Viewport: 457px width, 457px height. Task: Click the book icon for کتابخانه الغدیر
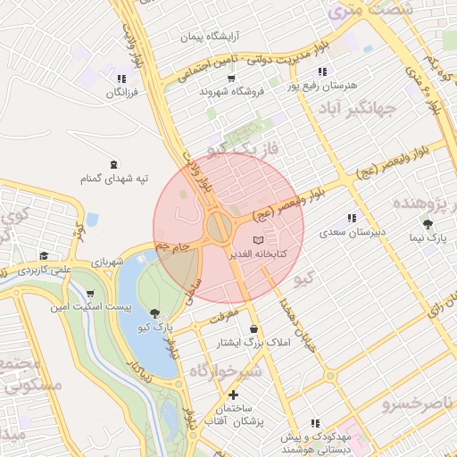click(259, 240)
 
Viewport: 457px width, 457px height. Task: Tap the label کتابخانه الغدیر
click(259, 254)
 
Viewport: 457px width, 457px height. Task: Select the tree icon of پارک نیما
click(428, 223)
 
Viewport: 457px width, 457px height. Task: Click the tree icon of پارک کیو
click(157, 312)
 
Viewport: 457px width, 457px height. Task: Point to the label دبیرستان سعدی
click(353, 231)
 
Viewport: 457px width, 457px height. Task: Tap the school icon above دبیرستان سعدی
click(352, 217)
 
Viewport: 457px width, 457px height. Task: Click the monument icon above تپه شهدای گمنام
click(113, 164)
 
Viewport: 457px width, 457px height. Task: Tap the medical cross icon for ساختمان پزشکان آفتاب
click(234, 394)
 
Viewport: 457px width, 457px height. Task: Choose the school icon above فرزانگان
click(121, 79)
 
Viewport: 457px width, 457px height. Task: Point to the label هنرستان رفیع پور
click(320, 86)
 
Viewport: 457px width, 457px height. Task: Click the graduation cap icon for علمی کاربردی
click(44, 256)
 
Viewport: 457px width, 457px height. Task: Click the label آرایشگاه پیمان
click(206, 37)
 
